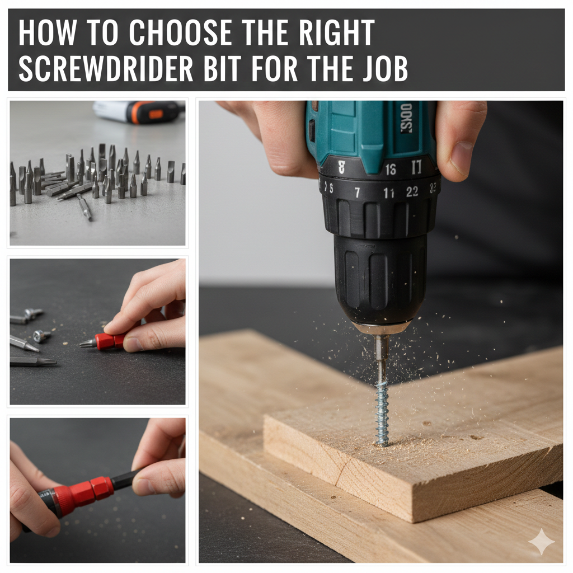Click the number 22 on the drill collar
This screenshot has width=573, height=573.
[x=412, y=192]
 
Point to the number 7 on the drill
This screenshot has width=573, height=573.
[x=357, y=192]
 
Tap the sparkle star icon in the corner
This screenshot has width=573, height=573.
[x=541, y=542]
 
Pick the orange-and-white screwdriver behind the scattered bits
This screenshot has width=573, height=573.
[x=140, y=111]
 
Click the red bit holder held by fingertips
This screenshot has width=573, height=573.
[x=110, y=341]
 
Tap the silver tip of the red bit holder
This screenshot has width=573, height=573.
[x=87, y=344]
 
